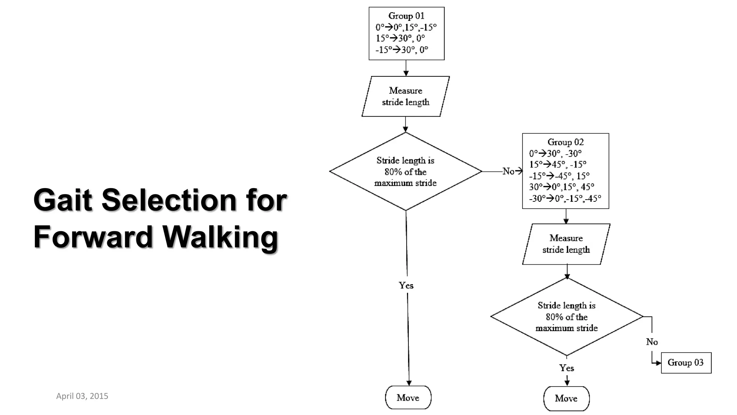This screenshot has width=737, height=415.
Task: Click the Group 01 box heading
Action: coord(406,16)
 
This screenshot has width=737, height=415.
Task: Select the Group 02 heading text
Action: coord(565,142)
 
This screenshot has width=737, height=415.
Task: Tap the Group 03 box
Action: coord(686,362)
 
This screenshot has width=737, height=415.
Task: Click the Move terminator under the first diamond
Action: coord(408,397)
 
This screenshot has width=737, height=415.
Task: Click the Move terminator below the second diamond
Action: coord(566,398)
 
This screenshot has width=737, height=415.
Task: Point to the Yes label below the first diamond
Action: coord(406,285)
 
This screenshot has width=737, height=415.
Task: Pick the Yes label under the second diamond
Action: coord(566,368)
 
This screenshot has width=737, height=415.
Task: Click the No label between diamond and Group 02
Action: coord(508,171)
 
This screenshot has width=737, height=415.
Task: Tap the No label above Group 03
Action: coord(652,342)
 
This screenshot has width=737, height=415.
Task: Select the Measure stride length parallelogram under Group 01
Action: coord(406,96)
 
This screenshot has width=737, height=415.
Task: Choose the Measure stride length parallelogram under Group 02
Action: coord(566,244)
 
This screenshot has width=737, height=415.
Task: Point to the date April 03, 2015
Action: coord(82,396)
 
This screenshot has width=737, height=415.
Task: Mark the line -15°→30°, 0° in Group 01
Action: coord(402,50)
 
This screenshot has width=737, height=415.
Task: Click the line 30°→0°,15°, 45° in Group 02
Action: coord(561,187)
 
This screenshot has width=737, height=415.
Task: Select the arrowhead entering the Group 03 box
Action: coord(658,363)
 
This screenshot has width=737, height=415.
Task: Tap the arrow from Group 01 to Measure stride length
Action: coord(406,68)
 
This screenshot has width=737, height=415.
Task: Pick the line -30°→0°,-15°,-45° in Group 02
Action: coord(565,198)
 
